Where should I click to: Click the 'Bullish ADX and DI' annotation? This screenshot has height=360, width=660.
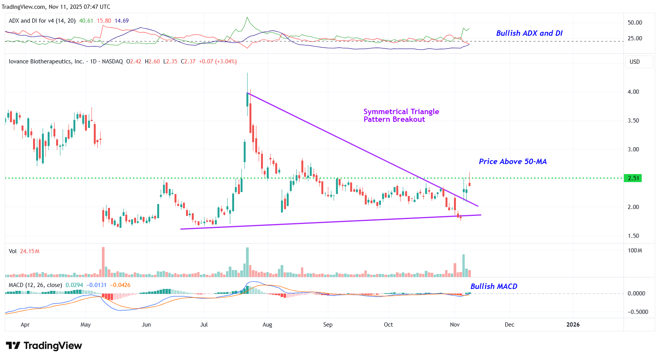529,33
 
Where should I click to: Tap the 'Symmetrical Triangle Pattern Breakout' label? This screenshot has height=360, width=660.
401,115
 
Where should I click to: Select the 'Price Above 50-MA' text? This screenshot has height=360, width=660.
512,162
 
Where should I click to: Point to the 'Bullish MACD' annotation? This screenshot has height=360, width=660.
494,287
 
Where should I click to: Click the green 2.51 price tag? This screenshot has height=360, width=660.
633,178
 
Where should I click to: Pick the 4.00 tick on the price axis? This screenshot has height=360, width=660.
633,92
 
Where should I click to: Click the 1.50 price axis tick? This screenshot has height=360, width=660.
633,236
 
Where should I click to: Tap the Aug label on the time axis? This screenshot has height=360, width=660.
267,325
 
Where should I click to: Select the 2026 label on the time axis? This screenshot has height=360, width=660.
573,325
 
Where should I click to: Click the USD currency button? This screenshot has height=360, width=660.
635,62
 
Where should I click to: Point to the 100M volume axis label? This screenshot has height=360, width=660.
635,251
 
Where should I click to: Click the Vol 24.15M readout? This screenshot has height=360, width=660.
24,251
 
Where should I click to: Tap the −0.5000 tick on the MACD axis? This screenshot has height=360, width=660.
638,312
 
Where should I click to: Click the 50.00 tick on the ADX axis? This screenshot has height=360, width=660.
635,23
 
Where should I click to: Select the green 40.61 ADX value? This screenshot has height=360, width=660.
86,21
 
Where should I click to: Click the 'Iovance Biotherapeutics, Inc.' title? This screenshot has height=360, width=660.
46,61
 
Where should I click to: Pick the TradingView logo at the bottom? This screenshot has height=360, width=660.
44,346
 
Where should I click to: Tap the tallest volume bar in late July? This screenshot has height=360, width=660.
247,262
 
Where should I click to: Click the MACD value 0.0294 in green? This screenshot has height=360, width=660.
74,285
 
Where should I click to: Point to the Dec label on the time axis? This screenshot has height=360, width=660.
509,325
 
